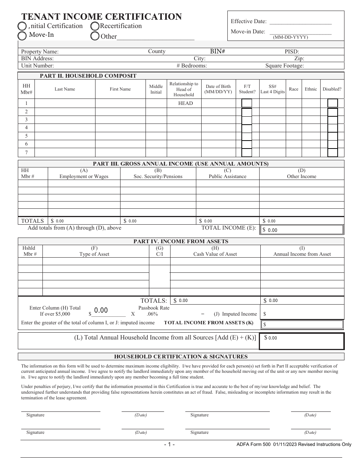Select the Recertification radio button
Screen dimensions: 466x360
pos(95,26)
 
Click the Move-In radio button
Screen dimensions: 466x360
pos(22,36)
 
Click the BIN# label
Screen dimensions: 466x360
pos(218,52)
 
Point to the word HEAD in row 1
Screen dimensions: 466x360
pos(185,103)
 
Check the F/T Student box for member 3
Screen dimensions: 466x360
pos(247,120)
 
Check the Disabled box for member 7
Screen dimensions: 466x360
pos(332,153)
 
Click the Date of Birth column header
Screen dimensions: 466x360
pos(218,89)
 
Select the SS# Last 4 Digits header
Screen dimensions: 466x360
pos(272,89)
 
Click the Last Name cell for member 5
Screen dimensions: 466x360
pos(64,136)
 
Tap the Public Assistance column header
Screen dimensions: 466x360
pos(227,174)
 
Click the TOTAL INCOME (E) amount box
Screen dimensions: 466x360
pos(302,230)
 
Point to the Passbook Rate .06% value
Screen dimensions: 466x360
pos(153,314)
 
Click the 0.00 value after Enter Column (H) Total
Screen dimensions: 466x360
pos(101,311)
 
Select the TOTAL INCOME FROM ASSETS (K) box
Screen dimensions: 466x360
pos(302,324)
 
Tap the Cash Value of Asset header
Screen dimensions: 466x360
pos(215,251)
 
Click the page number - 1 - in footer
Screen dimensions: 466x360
pos(169,444)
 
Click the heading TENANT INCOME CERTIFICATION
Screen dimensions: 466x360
pos(102,17)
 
